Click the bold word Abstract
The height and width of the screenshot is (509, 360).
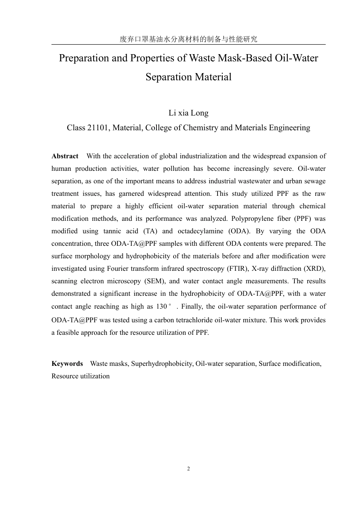point(65,156)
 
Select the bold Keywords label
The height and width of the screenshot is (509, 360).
point(67,364)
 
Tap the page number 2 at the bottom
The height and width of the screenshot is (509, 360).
point(188,469)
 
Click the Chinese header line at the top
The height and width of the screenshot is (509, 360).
point(188,39)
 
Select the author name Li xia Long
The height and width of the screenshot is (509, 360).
point(188,113)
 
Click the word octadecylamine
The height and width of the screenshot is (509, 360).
point(200,231)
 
